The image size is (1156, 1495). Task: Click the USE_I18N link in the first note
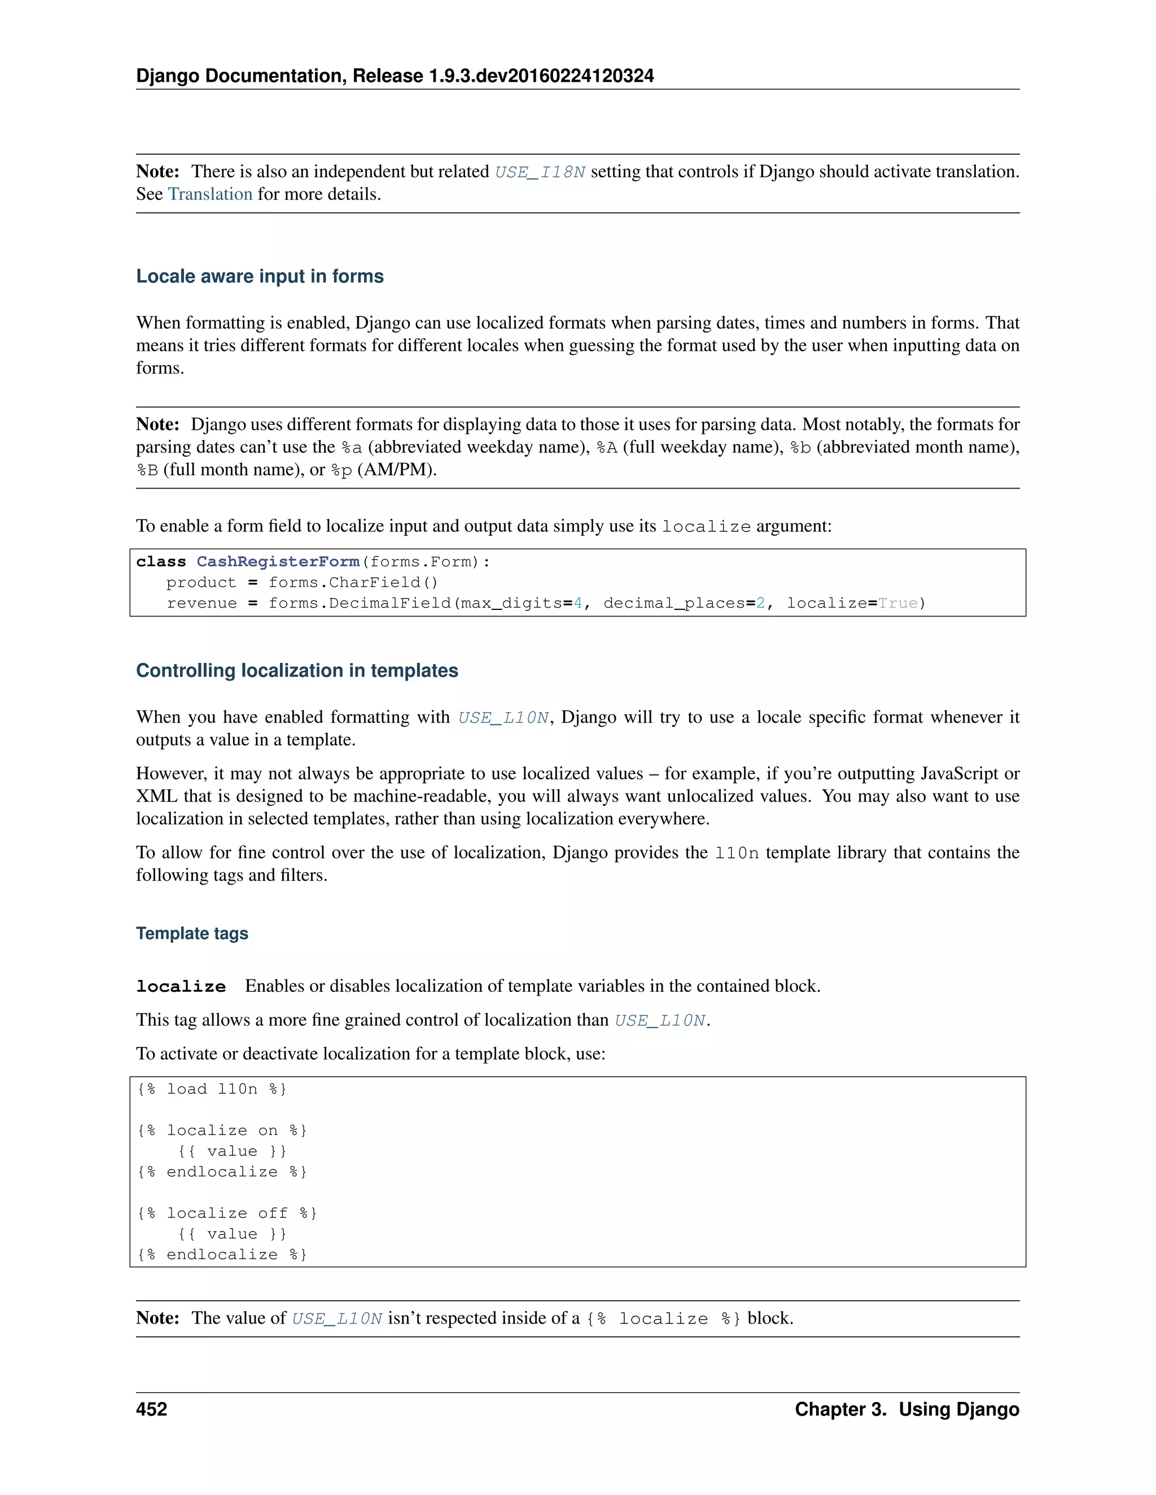[540, 172]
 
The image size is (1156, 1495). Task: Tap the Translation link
[210, 195]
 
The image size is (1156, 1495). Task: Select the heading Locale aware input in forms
[260, 276]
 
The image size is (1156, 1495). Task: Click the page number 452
[151, 1409]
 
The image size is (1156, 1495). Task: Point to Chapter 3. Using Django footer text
[907, 1409]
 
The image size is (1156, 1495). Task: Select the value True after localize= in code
[898, 604]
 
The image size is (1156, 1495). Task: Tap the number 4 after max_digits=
[577, 604]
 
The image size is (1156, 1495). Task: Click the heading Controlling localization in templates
[296, 670]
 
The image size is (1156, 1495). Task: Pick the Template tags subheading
[192, 934]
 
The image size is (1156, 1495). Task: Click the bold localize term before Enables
[181, 986]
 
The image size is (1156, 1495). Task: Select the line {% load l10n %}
[212, 1089]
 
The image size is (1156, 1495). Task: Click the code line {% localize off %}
[227, 1213]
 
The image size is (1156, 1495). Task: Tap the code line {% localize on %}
[222, 1130]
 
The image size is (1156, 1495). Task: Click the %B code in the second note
[147, 471]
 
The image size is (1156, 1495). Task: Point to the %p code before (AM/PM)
[341, 471]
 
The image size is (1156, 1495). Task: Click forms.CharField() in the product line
[353, 583]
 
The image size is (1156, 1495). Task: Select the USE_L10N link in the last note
[337, 1318]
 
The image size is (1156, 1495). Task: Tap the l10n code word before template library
[736, 853]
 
